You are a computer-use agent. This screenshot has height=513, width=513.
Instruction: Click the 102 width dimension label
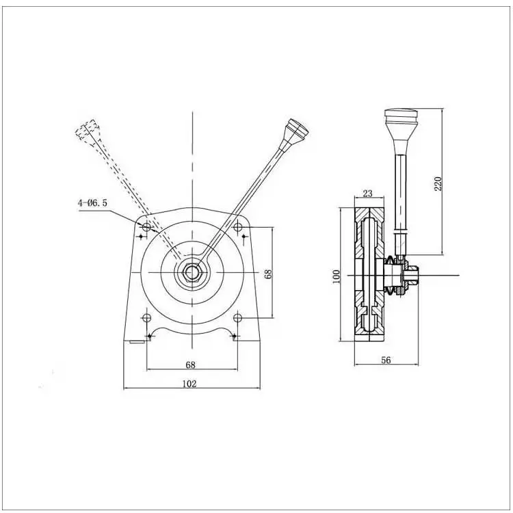coord(189,384)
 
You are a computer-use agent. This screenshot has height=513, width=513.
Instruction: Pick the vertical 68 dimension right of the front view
coord(269,273)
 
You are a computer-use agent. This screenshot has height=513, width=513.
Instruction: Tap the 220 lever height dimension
coord(438,183)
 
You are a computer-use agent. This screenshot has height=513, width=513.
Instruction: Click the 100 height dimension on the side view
coord(336,276)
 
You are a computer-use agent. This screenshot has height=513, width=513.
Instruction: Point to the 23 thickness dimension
coord(367,194)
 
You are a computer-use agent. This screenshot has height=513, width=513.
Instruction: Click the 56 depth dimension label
coord(385,360)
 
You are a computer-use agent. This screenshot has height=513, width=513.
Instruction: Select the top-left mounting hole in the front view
coord(146,226)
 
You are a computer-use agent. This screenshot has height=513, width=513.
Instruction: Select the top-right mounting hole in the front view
coord(239,226)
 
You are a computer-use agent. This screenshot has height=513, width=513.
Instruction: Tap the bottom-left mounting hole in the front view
coord(146,318)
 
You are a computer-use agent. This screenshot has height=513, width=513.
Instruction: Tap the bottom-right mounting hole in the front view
coord(238,318)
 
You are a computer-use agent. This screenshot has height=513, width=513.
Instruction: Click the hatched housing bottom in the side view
coord(370,328)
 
